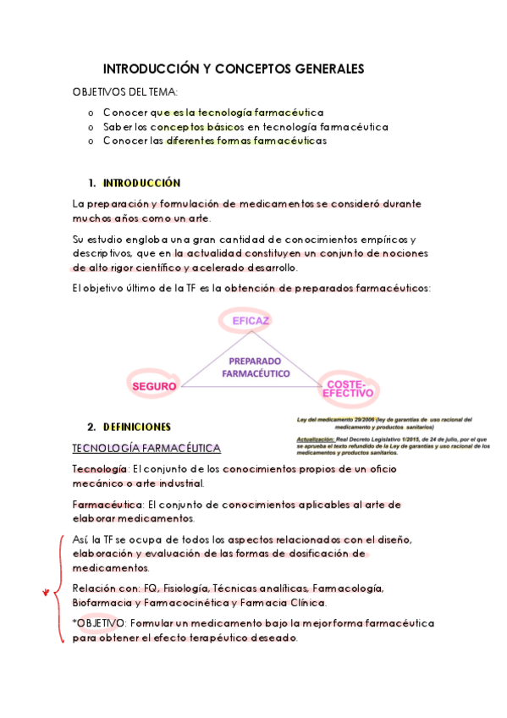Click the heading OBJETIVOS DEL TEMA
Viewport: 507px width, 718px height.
[x=125, y=91]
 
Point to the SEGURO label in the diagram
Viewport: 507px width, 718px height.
[x=154, y=386]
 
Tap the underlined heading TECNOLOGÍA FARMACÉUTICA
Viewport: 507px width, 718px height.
[x=146, y=448]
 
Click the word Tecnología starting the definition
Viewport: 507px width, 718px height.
[x=100, y=469]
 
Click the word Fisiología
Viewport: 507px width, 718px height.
[x=162, y=588]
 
